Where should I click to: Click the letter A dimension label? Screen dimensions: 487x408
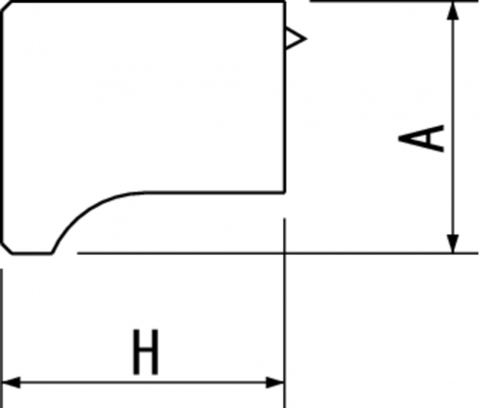click(x=422, y=139)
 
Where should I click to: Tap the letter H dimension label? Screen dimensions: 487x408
click(x=146, y=352)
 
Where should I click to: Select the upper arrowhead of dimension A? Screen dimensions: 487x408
click(x=453, y=11)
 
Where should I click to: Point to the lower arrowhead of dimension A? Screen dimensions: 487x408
click(x=453, y=243)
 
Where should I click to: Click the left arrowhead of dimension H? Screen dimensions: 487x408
click(x=11, y=383)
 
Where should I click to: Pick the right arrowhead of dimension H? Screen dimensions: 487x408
click(x=275, y=383)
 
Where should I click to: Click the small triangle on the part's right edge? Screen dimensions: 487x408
click(x=296, y=39)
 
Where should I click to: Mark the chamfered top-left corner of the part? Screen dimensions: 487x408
click(x=7, y=8)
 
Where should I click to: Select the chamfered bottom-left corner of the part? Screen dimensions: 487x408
click(x=7, y=248)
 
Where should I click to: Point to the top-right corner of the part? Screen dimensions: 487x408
click(x=285, y=2)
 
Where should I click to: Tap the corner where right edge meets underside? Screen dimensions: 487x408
click(x=285, y=193)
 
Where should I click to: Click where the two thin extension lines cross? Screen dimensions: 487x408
click(x=285, y=253)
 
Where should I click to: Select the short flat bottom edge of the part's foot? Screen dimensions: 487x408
click(x=32, y=253)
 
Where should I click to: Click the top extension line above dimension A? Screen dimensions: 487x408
click(x=393, y=1)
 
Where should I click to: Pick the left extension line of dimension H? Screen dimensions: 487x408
click(x=2, y=339)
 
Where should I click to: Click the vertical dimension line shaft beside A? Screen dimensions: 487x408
click(x=453, y=127)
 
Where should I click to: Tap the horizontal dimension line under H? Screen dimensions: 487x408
click(x=143, y=383)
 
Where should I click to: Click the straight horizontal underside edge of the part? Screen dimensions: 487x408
click(x=213, y=193)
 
